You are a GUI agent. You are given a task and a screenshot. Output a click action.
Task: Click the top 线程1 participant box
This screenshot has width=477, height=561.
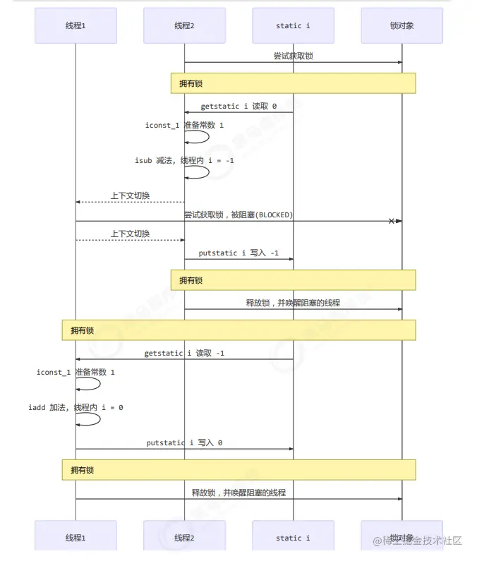click(76, 26)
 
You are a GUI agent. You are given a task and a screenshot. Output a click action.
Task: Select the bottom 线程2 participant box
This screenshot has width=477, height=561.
click(184, 538)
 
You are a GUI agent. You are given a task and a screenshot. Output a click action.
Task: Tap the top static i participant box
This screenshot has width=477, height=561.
click(293, 26)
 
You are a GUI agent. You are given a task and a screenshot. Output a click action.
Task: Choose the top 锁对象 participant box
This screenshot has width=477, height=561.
click(401, 26)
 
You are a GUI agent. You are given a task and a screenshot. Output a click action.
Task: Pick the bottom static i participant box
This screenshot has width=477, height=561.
click(293, 538)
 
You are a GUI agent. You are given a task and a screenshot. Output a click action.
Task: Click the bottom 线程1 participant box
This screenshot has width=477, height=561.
click(76, 538)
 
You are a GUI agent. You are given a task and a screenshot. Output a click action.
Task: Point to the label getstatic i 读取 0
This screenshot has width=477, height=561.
click(238, 107)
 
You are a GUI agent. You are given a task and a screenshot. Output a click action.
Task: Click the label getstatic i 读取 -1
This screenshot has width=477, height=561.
click(184, 353)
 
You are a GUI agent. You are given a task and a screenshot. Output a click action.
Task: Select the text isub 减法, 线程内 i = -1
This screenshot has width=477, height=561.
click(184, 161)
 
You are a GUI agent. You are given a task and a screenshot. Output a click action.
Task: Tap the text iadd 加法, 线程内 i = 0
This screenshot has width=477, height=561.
click(76, 407)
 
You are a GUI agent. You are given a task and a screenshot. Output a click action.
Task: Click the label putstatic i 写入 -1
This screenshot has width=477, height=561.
click(238, 253)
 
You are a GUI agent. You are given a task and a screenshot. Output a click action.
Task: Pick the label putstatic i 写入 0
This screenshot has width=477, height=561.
click(184, 442)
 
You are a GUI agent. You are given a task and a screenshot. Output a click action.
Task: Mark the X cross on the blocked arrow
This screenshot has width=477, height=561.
click(392, 221)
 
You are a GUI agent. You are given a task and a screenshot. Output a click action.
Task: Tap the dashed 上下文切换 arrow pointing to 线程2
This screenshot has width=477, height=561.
click(131, 240)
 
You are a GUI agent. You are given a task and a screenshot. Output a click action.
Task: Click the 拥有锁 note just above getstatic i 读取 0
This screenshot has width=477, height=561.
click(293, 83)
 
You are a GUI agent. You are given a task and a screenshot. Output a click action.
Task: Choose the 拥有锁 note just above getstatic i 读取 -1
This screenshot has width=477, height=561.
click(238, 330)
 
